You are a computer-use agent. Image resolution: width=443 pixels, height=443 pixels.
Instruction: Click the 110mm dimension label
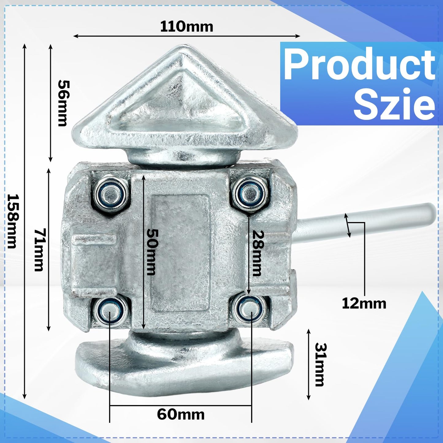[186, 27]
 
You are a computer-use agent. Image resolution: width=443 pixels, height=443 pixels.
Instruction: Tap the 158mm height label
[12, 221]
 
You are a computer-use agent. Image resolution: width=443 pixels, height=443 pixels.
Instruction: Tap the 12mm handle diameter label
[364, 304]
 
